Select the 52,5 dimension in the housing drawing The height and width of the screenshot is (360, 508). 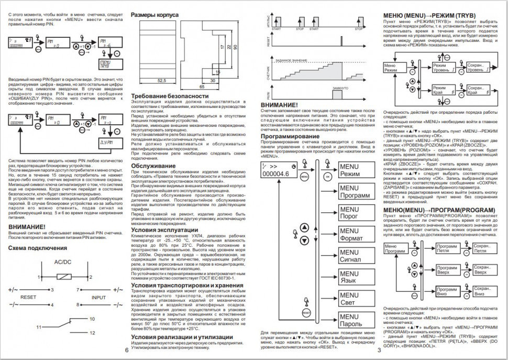click(x=162, y=81)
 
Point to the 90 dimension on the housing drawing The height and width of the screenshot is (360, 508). click(x=236, y=47)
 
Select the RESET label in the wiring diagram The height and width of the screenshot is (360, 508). click(x=28, y=297)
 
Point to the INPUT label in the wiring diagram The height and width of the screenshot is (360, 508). click(x=98, y=297)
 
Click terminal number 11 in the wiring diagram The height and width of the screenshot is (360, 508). click(x=39, y=327)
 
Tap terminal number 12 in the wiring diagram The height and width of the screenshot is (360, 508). click(x=92, y=333)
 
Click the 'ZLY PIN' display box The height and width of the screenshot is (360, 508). click(x=106, y=142)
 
